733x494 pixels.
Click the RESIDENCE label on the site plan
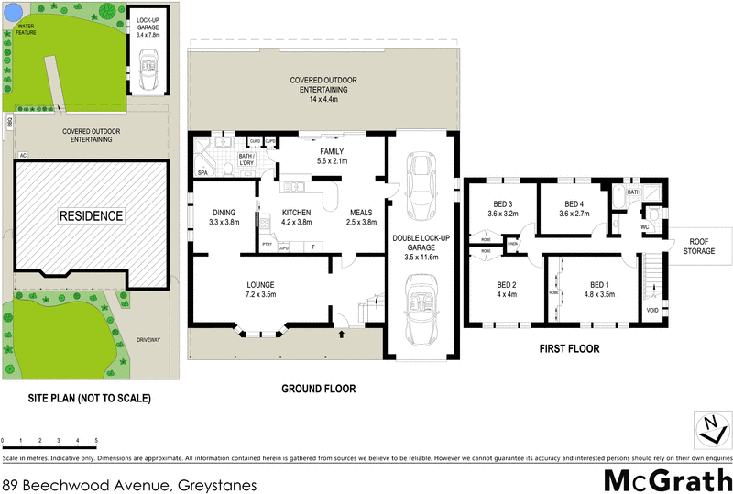coord(91,216)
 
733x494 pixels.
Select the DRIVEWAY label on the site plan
coord(148,340)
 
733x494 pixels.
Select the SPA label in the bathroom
coord(202,172)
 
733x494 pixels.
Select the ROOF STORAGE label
coord(701,246)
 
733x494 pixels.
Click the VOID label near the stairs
coord(651,311)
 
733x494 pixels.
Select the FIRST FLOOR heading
coord(568,348)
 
